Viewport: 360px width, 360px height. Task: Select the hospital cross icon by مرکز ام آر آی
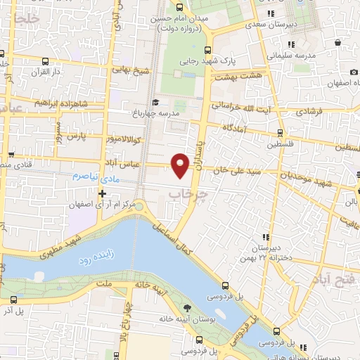pyautogui.click(x=103, y=193)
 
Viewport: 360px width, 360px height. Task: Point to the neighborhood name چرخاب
pyautogui.click(x=191, y=192)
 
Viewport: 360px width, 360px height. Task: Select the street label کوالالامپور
pyautogui.click(x=126, y=139)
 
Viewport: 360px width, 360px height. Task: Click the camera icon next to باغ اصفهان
pyautogui.click(x=353, y=72)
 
